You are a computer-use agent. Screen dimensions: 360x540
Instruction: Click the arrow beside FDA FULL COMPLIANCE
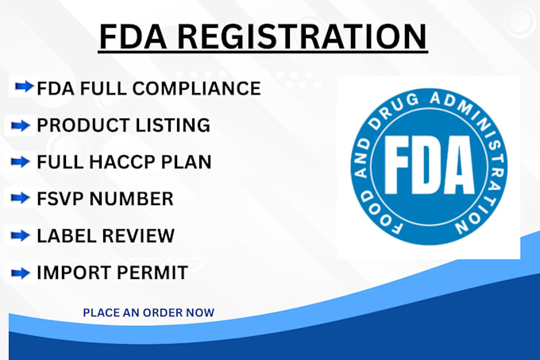click(25, 87)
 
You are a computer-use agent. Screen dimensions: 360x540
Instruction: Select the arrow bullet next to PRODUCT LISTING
click(21, 125)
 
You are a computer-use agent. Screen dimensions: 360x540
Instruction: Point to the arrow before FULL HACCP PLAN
click(21, 161)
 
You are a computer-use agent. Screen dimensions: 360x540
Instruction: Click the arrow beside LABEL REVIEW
click(21, 235)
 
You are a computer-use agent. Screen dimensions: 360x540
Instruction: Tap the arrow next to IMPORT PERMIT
click(21, 273)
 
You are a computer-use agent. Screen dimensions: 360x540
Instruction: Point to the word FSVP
click(60, 199)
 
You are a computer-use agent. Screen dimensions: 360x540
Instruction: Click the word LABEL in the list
click(61, 236)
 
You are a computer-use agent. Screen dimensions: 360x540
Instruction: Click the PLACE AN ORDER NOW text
click(148, 312)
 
